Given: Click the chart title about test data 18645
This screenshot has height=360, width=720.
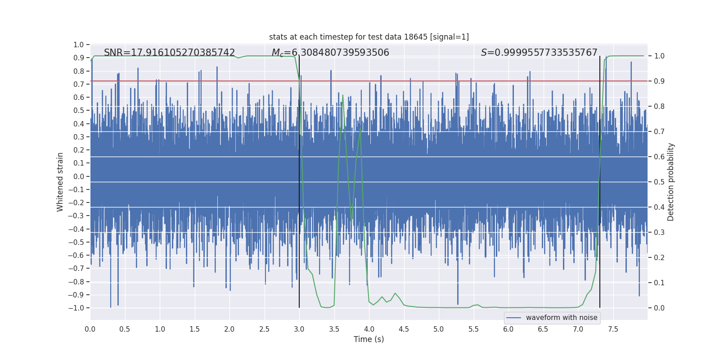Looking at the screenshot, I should pyautogui.click(x=369, y=37).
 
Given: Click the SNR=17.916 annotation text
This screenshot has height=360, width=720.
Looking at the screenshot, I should pyautogui.click(x=169, y=53).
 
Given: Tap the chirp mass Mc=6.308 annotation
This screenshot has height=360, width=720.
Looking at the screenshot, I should pyautogui.click(x=330, y=53).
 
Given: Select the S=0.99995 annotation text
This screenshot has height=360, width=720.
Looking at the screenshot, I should pyautogui.click(x=539, y=53).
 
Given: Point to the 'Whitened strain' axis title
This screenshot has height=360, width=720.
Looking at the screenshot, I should pyautogui.click(x=60, y=182).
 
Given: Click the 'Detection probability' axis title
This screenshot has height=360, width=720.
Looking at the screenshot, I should pyautogui.click(x=670, y=182).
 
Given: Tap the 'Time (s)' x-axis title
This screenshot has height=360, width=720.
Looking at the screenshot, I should pyautogui.click(x=369, y=339).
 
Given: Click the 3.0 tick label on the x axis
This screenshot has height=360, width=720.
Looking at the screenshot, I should pyautogui.click(x=299, y=329).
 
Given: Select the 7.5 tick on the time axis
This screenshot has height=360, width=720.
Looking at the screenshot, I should pyautogui.click(x=613, y=329).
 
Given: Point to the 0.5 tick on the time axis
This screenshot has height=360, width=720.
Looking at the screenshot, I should pyautogui.click(x=125, y=329).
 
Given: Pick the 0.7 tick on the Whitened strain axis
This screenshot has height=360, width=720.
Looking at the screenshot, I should pyautogui.click(x=79, y=84).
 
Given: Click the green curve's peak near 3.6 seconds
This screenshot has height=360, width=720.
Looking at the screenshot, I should pyautogui.click(x=343, y=95).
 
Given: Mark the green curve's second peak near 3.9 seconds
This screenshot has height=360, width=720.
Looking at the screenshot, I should pyautogui.click(x=360, y=129).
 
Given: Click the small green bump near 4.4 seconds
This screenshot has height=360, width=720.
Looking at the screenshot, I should pyautogui.click(x=395, y=293).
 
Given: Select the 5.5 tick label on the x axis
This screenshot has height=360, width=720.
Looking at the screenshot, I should pyautogui.click(x=473, y=329).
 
